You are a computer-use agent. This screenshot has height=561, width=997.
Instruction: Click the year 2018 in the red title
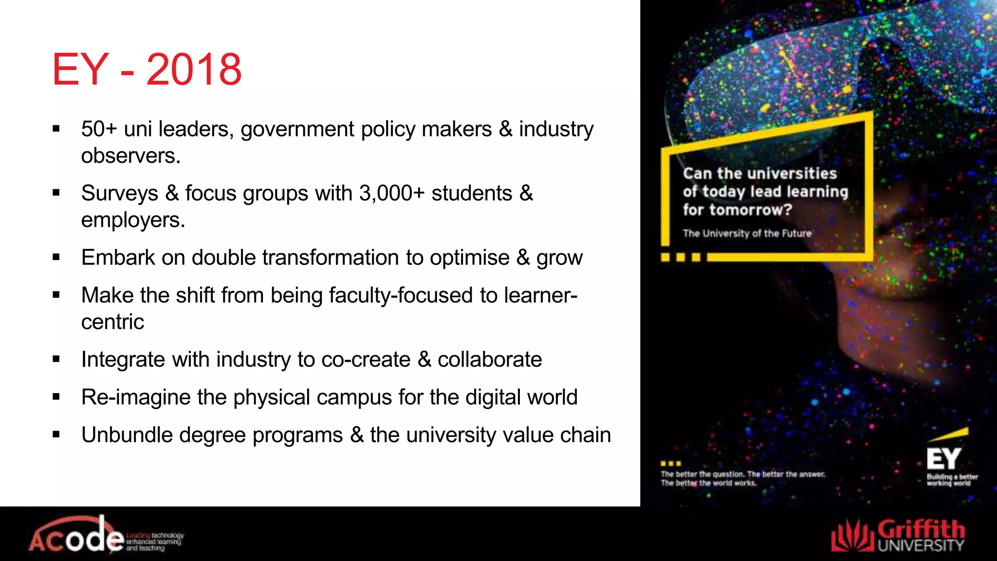coord(194,70)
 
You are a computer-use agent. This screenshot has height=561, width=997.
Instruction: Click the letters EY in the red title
coord(80,70)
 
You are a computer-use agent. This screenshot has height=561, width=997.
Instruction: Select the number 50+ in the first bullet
coord(99,129)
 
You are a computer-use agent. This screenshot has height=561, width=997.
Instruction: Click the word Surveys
coord(119,194)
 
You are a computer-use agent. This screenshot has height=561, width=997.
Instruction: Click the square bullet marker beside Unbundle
coord(56,434)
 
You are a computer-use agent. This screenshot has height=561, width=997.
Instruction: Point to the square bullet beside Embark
coord(56,257)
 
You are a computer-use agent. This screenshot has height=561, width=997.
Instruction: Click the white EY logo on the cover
coord(943,458)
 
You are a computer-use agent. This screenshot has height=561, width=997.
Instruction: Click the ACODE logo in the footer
coord(78,538)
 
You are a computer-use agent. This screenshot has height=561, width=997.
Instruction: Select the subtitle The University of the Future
coord(747,233)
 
